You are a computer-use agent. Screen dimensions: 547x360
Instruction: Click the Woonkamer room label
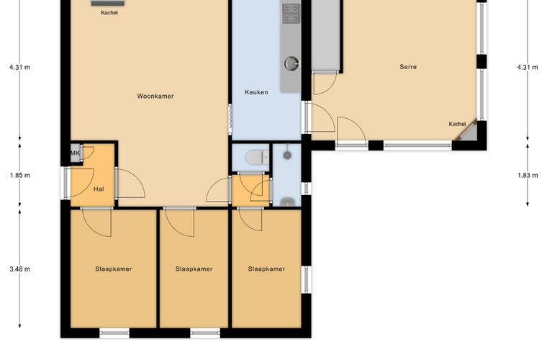155,96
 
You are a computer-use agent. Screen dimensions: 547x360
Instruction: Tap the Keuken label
256,92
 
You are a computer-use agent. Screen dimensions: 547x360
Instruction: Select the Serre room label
408,67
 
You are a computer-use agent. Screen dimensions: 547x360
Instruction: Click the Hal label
99,189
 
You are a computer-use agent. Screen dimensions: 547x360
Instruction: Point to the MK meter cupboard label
76,153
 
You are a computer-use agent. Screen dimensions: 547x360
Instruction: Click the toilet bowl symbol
258,157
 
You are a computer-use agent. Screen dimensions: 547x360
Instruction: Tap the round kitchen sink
291,63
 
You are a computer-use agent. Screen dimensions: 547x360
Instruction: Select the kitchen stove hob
291,13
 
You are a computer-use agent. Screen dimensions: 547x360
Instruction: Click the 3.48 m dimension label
20,269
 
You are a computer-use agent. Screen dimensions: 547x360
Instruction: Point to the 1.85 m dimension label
20,175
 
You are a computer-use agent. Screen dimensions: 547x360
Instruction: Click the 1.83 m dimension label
528,175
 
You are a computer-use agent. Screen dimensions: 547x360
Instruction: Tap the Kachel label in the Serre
457,124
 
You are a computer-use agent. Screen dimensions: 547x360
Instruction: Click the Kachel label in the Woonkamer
109,12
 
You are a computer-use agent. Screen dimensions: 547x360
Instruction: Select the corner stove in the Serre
467,132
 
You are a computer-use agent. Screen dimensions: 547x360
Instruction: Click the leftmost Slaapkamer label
114,269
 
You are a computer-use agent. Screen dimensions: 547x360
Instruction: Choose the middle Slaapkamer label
194,269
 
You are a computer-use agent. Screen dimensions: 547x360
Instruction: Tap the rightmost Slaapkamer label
266,269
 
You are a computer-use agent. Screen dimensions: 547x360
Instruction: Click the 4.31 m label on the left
20,67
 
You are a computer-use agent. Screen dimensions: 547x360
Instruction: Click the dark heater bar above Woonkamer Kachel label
108,3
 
